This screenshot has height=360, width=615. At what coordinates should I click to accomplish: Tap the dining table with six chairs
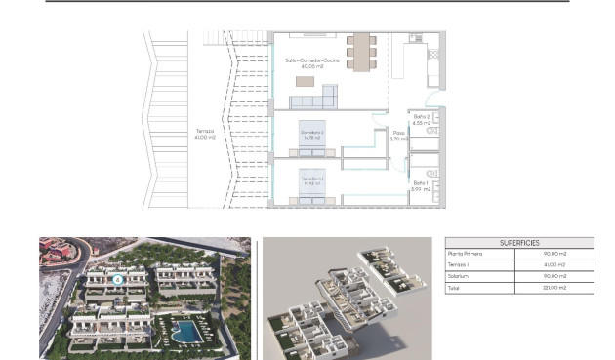point(361,51)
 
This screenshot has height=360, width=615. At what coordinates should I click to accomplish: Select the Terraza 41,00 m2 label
point(205,134)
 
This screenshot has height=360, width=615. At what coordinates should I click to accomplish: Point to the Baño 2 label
point(421,119)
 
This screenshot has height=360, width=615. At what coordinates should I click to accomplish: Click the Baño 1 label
point(420,185)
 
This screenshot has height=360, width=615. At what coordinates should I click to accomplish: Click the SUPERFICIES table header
point(518,243)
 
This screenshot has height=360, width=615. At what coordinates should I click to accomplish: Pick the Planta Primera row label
point(464,254)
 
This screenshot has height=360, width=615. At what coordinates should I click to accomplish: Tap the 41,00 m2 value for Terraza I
point(554,264)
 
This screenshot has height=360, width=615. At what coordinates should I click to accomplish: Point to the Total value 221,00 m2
point(553,288)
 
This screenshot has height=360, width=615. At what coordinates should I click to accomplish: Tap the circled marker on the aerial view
point(118,279)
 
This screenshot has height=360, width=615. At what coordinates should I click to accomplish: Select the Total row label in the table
point(454,288)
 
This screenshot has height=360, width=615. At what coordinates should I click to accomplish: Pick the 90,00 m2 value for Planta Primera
point(554,254)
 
